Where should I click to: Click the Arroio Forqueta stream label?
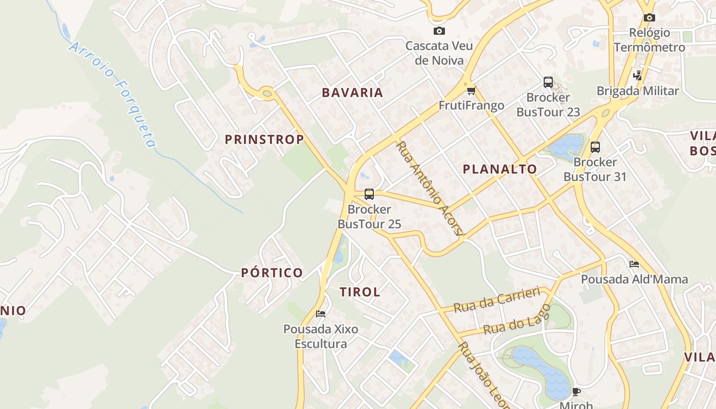pos(113,95)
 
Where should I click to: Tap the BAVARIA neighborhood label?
pos(352,93)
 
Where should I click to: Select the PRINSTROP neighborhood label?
pos(264,139)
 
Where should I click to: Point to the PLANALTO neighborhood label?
pos(500,169)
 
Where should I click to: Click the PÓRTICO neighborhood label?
pos(272,272)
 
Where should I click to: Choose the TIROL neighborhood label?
pos(360,292)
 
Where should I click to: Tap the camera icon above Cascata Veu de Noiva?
pos(439,31)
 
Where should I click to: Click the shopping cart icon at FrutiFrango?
pos(471,91)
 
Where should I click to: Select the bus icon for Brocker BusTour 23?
pos(548,82)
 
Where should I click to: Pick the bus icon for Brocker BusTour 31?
pos(595,147)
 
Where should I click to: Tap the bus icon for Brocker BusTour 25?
pos(369,194)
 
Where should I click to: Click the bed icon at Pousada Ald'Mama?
pos(634,264)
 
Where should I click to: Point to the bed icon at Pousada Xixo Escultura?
pos(321,313)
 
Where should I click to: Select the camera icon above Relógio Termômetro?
pos(649,18)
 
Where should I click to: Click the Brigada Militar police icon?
pos(637,76)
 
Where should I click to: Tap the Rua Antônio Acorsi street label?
pos(430,189)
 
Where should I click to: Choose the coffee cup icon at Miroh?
pos(576,392)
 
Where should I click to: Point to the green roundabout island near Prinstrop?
pos(266,93)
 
